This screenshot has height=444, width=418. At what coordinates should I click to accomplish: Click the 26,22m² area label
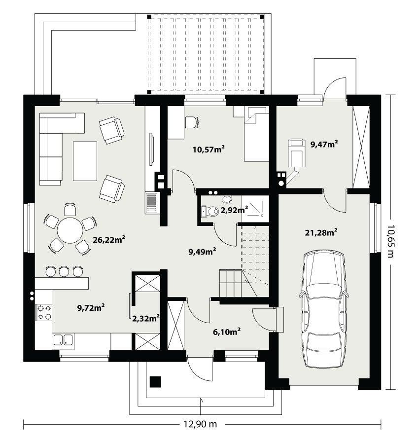tap(109, 240)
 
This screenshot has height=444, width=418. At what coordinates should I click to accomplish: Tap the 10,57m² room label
tap(209, 149)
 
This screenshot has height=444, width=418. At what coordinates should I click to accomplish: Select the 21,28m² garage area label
tap(321, 232)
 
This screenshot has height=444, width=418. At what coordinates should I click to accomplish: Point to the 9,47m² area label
tap(324, 144)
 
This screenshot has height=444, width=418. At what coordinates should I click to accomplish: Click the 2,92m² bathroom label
tap(234, 210)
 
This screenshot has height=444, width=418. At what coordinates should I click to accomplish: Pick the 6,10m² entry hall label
tap(227, 332)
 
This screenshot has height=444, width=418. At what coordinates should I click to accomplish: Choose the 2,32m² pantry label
tap(146, 319)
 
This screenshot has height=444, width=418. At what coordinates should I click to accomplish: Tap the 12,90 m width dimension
tap(200, 424)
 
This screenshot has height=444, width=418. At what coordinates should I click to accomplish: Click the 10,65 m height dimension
tap(390, 241)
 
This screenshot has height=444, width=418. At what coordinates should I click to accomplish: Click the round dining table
tap(70, 230)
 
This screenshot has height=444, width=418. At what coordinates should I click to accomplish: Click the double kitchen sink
tap(63, 340)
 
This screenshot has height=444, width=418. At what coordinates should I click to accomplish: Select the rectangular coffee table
tap(85, 161)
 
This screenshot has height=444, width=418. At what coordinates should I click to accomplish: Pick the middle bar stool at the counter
tap(64, 271)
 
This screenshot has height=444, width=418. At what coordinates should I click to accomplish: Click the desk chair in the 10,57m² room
tap(192, 122)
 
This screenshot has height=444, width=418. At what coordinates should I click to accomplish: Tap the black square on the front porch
tap(155, 382)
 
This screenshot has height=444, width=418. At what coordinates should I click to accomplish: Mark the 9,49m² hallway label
tap(203, 252)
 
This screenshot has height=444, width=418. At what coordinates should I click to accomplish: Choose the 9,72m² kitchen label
tap(91, 307)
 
